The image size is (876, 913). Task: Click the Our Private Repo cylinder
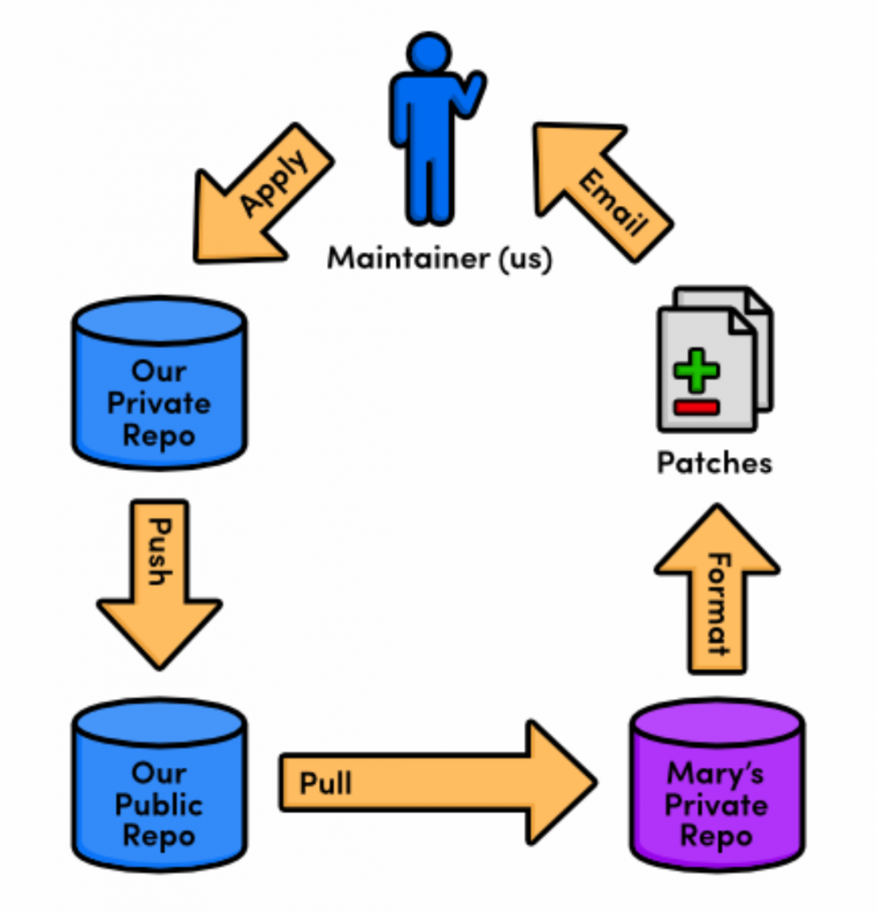(159, 383)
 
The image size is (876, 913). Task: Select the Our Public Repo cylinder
(159, 785)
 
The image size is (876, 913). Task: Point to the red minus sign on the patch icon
(696, 408)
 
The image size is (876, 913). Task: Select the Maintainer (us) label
(439, 259)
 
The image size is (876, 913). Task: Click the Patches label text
(715, 464)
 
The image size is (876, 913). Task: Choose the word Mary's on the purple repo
(716, 772)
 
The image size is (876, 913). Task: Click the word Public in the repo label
(159, 804)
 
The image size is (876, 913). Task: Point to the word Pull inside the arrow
(325, 783)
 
